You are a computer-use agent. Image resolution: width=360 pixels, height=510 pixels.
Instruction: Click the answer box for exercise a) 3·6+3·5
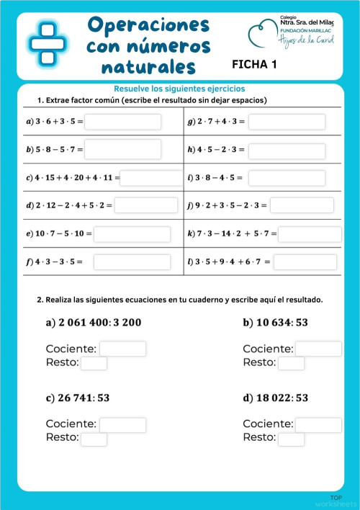pos(122,122)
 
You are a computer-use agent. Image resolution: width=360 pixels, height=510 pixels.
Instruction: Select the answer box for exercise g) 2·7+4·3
pos(286,122)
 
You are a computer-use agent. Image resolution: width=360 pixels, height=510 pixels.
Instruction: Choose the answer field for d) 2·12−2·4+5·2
pos(145,205)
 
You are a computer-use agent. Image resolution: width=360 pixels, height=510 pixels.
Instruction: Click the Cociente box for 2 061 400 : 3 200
pos(122,349)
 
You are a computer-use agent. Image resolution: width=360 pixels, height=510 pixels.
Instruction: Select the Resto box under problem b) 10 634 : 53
pos(291,363)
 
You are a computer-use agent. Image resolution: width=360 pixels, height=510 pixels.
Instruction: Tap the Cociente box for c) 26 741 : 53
pos(122,425)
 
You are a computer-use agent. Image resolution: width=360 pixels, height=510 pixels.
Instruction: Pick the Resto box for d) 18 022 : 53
pos(291,439)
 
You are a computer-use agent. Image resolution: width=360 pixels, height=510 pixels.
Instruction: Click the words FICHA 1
pos(254,64)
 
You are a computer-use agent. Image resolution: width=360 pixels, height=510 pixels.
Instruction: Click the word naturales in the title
pos(148,68)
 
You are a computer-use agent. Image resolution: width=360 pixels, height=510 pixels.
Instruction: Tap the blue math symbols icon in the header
pos(48,40)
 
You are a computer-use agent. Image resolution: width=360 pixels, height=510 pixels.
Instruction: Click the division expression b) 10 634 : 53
pos(275,323)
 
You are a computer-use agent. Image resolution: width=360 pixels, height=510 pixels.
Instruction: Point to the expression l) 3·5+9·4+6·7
pos(228,261)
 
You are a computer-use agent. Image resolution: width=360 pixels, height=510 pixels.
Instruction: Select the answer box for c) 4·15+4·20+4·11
pos(152,177)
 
